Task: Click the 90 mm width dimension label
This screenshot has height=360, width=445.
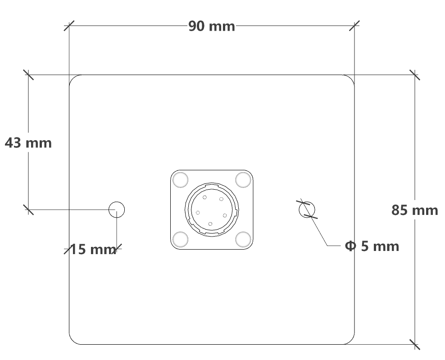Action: [211, 26]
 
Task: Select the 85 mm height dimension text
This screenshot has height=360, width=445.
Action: [414, 210]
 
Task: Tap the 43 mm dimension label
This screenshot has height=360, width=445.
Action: [28, 143]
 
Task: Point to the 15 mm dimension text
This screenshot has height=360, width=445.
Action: [92, 249]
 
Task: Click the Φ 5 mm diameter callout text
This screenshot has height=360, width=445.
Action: [372, 246]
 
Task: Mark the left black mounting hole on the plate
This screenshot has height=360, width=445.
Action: [117, 210]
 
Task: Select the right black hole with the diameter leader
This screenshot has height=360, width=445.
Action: [307, 210]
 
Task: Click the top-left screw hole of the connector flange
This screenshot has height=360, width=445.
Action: [180, 180]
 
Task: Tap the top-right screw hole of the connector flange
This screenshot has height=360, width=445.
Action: [243, 180]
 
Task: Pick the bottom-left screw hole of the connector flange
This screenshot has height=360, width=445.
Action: [180, 239]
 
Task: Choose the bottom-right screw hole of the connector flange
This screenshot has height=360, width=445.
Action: [243, 239]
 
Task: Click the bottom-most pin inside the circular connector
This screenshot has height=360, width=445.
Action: [210, 224]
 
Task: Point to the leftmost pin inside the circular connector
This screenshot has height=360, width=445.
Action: [198, 213]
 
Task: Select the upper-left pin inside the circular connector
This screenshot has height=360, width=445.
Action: [204, 197]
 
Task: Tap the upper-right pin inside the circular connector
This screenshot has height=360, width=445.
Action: [221, 199]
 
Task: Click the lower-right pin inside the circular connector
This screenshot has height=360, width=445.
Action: [225, 215]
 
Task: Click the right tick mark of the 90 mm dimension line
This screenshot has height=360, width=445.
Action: [354, 26]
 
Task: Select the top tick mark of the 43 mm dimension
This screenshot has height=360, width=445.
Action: [28, 75]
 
